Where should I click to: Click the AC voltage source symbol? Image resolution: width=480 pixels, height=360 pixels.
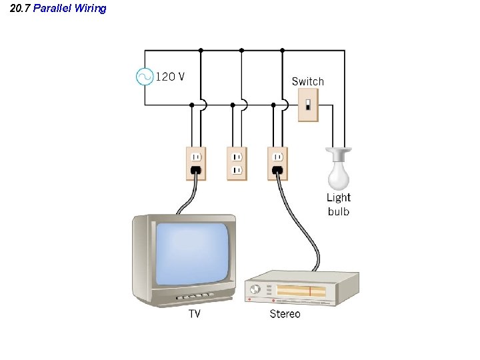[145, 77]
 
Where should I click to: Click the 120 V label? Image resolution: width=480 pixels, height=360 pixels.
[170, 77]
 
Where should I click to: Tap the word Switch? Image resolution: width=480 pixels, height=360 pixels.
[307, 81]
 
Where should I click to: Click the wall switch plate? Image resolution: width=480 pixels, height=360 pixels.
[307, 105]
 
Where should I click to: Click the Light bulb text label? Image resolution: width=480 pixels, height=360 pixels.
[338, 205]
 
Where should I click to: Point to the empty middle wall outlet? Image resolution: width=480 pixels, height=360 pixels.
[236, 163]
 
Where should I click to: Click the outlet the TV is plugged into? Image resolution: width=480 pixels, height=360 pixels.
[196, 163]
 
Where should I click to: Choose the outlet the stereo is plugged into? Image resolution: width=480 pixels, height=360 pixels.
[277, 163]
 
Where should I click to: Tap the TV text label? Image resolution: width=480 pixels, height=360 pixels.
[194, 313]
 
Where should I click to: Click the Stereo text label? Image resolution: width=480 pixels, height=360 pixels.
[285, 313]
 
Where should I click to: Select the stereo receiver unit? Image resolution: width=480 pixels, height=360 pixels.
[301, 288]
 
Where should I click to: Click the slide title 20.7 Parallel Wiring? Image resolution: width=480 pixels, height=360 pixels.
[58, 9]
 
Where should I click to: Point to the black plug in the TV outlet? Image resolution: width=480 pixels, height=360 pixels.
[196, 171]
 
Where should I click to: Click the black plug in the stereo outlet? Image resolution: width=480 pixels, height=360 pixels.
[277, 171]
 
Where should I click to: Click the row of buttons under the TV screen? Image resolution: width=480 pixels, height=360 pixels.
[194, 294]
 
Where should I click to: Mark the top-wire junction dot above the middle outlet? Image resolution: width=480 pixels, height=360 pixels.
[241, 50]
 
